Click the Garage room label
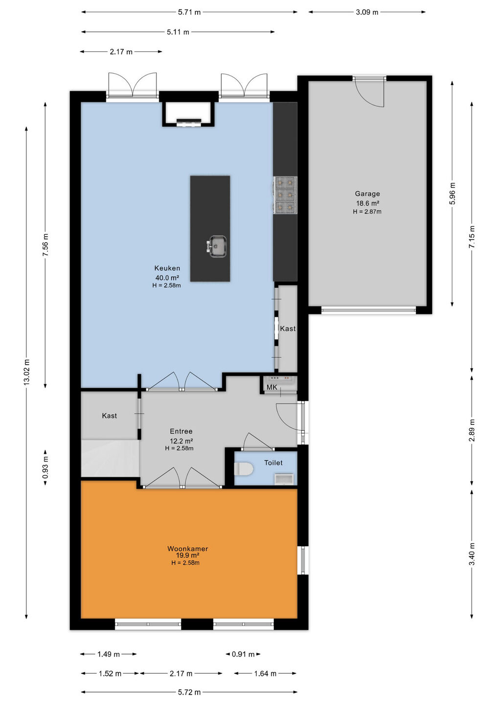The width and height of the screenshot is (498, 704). tap(367, 194)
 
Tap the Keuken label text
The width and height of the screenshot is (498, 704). tap(167, 268)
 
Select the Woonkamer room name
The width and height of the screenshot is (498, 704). tap(188, 549)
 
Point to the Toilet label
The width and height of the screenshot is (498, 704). tap(273, 462)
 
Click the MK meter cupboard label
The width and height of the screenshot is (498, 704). tap(272, 387)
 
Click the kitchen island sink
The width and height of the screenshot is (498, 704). tap(217, 246)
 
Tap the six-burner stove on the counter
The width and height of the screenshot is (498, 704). tap(285, 195)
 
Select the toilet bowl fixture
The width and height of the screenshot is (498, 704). tap(244, 469)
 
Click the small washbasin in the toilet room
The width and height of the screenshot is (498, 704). tap(284, 479)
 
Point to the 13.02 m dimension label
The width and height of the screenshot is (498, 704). tap(26, 372)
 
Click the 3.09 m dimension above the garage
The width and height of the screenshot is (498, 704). tap(367, 12)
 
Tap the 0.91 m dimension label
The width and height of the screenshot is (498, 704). tap(243, 654)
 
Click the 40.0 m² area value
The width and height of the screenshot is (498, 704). tap(167, 278)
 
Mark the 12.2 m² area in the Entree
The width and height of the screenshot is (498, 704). tap(181, 440)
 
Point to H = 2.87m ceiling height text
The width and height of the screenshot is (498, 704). tap(367, 212)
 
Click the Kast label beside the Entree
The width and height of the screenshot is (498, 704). tap(110, 416)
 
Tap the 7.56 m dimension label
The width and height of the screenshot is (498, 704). tap(45, 244)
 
